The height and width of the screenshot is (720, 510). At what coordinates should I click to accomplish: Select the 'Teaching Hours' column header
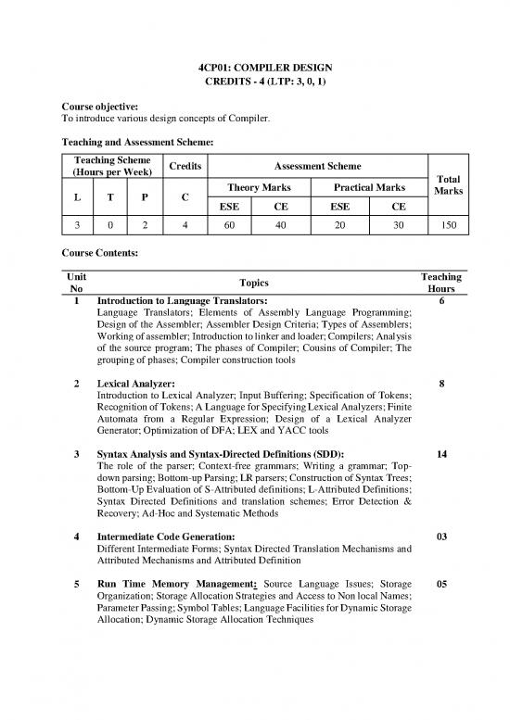click(x=440, y=283)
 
